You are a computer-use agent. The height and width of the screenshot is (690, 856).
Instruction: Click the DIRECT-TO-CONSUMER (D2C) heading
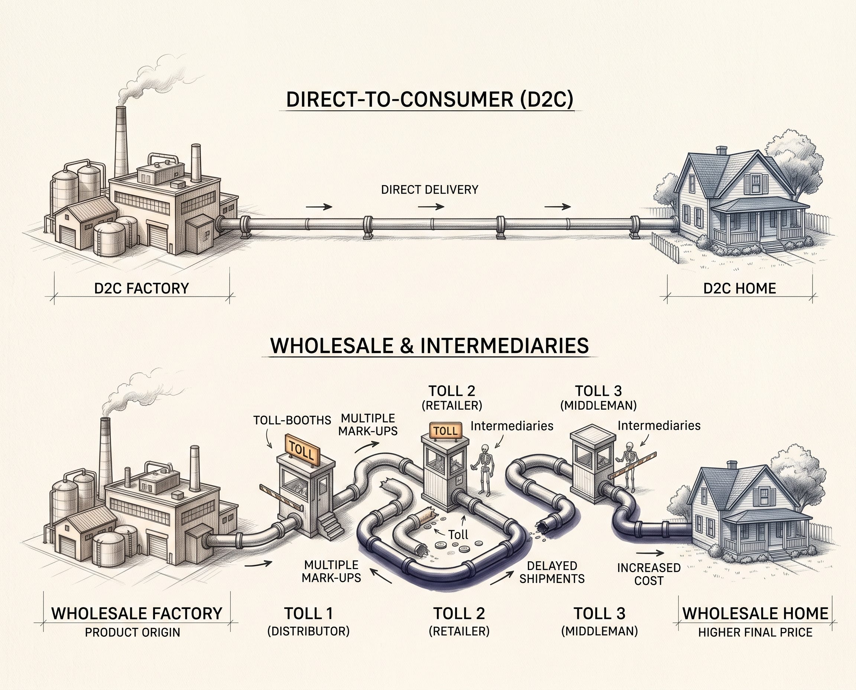[x=430, y=99]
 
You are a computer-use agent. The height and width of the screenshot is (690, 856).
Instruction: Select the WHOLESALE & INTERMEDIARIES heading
[x=429, y=345]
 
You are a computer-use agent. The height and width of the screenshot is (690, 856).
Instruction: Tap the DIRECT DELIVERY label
[x=429, y=190]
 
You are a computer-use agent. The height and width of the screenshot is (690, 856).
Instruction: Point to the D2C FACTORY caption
[x=142, y=288]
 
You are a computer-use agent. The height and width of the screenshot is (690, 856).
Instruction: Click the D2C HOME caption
[x=740, y=288]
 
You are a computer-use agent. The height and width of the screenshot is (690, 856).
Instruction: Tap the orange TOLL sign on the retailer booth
[x=446, y=431]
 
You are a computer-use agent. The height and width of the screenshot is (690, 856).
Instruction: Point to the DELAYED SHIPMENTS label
[x=552, y=572]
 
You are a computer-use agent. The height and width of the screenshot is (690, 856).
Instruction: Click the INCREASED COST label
[x=649, y=574]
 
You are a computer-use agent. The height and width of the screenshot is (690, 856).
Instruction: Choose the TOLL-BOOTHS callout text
[x=292, y=420]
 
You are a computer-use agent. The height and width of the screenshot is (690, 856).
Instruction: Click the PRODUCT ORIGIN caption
[x=132, y=632]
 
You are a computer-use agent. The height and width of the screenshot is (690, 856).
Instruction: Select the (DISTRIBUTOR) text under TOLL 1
[x=308, y=631]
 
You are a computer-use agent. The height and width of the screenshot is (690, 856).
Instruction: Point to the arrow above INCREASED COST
[x=650, y=553]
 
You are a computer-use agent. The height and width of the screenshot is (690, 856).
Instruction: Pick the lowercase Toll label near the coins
[x=458, y=535]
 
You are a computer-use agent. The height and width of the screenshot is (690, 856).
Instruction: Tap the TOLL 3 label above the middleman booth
[x=599, y=391]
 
